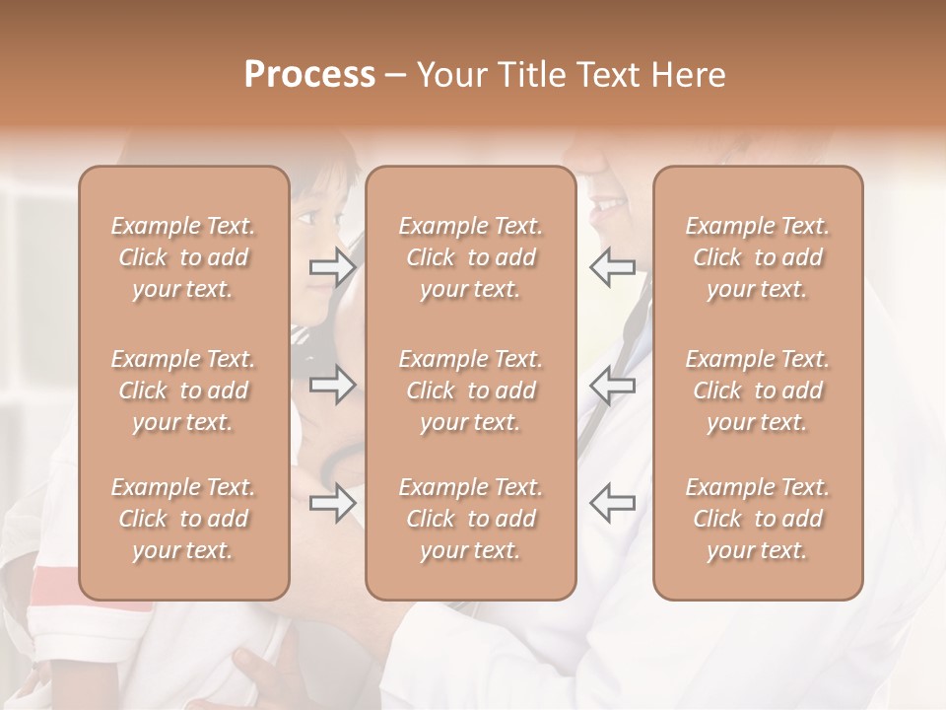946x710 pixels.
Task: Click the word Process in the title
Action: click(309, 75)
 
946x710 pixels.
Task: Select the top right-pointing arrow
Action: click(332, 266)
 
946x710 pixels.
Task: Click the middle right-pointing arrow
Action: click(332, 385)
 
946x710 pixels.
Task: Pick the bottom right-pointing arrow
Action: click(332, 504)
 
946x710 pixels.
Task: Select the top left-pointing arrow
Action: click(612, 266)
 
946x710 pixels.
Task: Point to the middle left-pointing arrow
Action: click(612, 385)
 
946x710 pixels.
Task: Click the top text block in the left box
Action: click(183, 257)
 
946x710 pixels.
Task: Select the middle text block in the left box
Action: click(183, 390)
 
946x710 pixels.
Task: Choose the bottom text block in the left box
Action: click(183, 519)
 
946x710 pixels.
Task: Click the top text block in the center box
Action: click(471, 257)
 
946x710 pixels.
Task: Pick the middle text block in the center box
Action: click(471, 390)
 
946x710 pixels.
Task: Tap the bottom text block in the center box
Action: click(471, 519)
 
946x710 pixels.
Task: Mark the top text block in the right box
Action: click(758, 257)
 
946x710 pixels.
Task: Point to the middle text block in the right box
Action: click(758, 390)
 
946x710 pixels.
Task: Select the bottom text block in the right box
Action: click(758, 519)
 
